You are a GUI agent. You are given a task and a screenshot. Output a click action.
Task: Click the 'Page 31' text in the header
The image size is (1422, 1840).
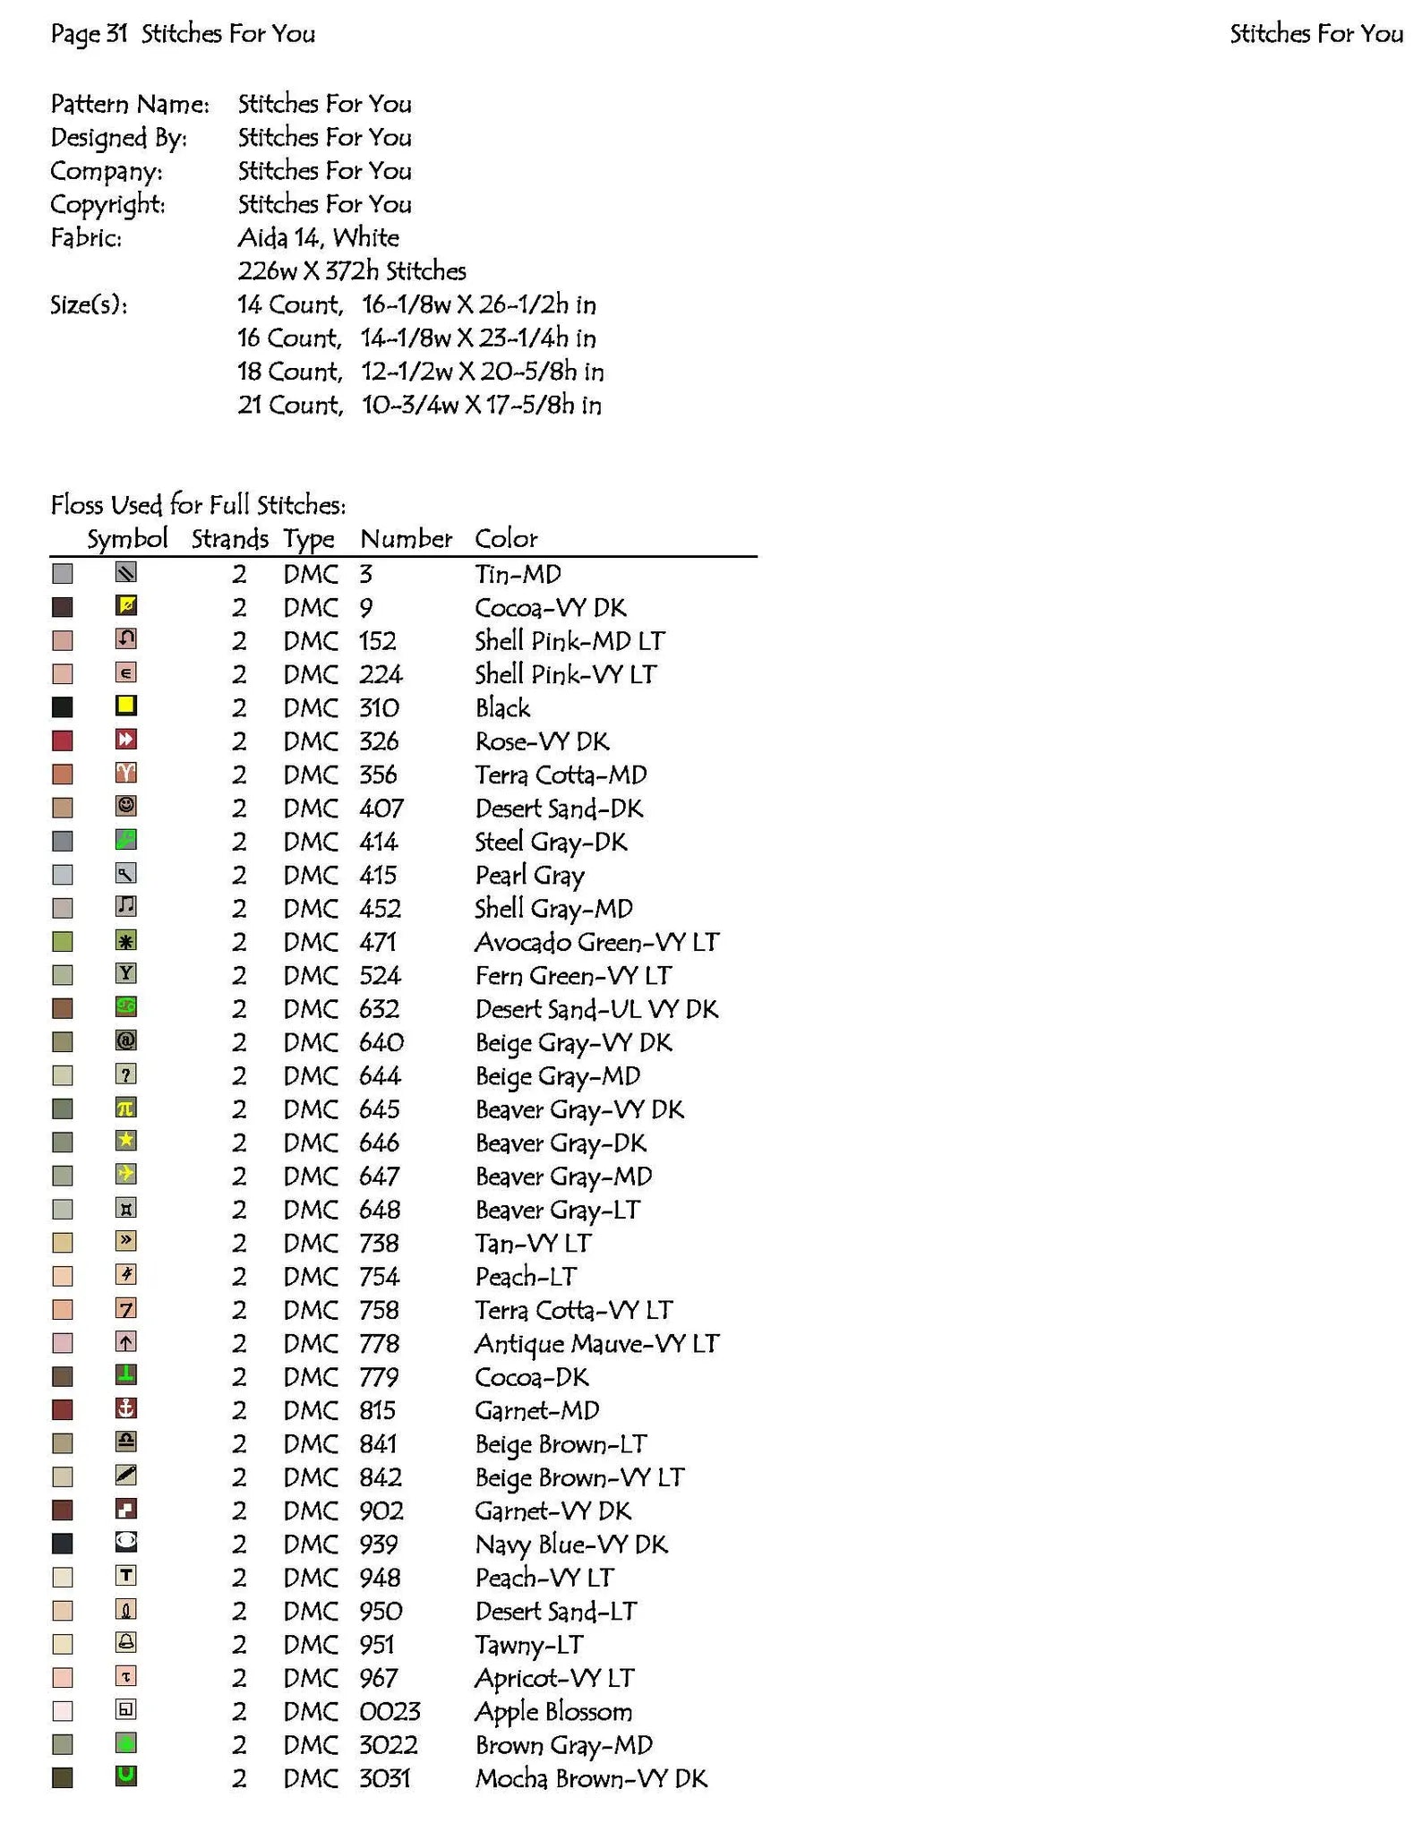(89, 34)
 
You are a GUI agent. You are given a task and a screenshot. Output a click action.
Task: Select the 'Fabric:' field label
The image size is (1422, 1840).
(86, 238)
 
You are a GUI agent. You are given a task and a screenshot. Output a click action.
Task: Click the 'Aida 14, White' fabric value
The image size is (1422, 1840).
(318, 238)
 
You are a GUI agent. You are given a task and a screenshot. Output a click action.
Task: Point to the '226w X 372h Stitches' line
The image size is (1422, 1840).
(351, 271)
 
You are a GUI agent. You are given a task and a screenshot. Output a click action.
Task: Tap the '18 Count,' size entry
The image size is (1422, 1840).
(289, 372)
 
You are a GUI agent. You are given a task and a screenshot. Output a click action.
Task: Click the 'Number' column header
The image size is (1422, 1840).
(406, 539)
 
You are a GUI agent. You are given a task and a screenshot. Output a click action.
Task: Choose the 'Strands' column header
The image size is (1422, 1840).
(229, 539)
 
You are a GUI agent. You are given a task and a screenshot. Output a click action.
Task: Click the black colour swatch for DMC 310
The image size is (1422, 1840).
(63, 707)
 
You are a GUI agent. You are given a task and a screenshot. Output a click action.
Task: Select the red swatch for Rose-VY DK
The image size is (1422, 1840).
(63, 741)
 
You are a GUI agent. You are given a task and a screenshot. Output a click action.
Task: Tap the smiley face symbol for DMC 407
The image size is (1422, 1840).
(126, 806)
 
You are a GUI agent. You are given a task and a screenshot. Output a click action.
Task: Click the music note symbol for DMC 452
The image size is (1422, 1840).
(126, 906)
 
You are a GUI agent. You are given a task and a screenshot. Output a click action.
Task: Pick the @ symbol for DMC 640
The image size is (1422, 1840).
(126, 1040)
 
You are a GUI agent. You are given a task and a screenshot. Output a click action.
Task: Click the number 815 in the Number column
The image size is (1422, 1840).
(377, 1411)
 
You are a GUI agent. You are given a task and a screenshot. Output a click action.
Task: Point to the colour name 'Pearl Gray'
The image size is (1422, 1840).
(529, 876)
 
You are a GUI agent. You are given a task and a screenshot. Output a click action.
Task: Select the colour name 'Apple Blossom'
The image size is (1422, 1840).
(553, 1712)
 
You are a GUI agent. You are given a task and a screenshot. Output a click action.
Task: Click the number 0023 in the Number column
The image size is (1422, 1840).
(390, 1712)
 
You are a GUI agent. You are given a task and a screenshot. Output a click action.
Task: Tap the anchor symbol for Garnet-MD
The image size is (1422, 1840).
(126, 1408)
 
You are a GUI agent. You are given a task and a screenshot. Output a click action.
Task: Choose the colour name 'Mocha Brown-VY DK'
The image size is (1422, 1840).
(591, 1779)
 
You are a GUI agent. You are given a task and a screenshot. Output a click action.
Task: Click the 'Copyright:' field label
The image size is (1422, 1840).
(107, 205)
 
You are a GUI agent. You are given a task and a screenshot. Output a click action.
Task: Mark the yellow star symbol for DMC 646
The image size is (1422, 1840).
(126, 1141)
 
